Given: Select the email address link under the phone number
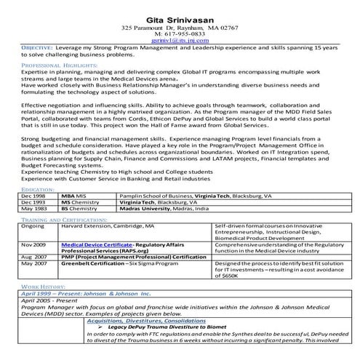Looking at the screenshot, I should pos(180,41).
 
